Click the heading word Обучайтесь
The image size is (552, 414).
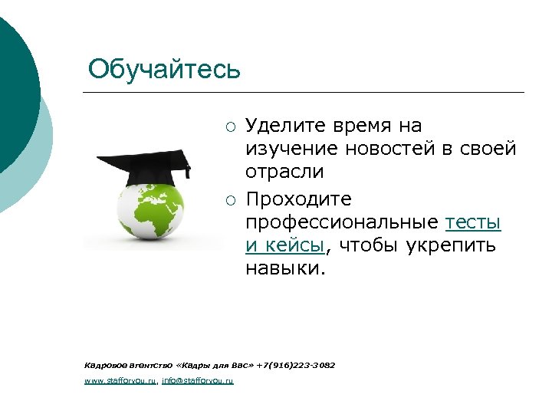point(164,69)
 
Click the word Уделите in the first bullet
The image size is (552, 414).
point(283,126)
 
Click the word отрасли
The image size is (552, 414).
point(284,172)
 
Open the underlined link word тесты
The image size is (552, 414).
point(473,222)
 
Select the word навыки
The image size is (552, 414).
point(283,268)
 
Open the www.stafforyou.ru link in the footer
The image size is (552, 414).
point(120,380)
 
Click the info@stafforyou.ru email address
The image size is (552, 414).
point(198,380)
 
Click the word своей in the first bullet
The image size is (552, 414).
point(489,149)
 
